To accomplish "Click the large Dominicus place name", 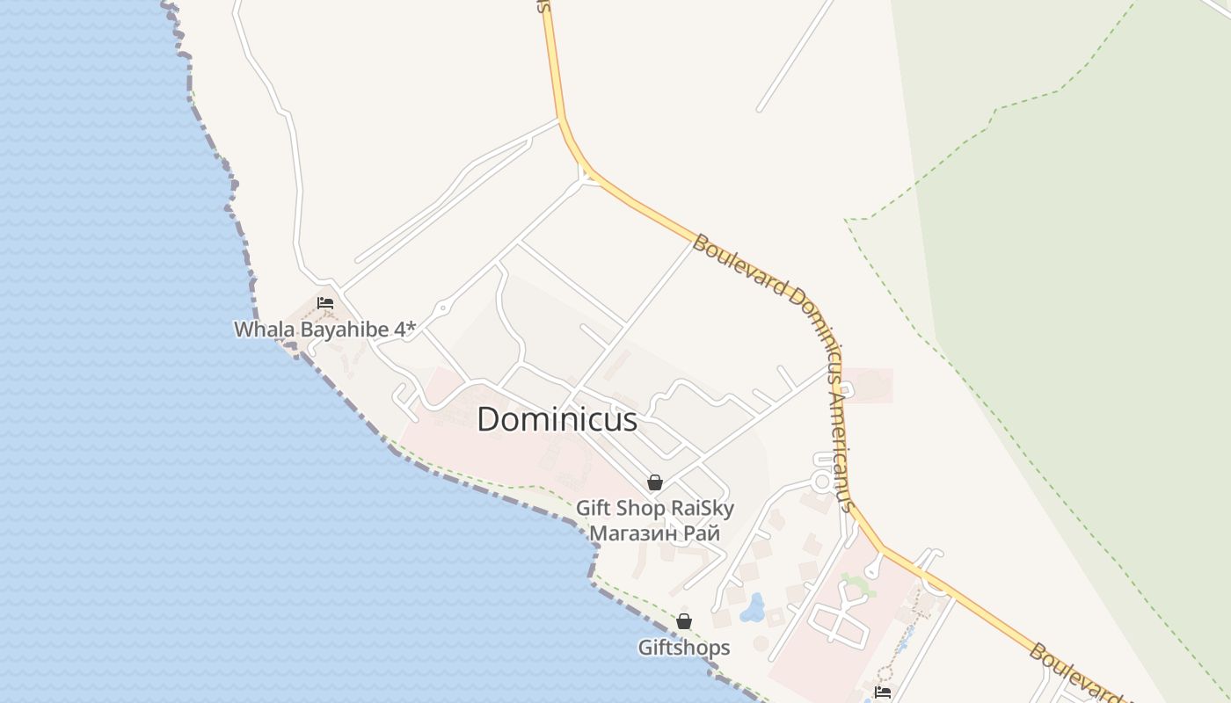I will point(557,420).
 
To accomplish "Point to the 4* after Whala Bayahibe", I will point(405,329).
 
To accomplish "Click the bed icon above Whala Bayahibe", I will point(325,303).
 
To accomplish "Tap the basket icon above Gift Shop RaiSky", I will point(654,482).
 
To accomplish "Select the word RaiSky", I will point(703,508).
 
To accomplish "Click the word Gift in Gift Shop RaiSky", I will point(594,508).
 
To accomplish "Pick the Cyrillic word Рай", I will point(703,533).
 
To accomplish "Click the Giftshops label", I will point(684,648).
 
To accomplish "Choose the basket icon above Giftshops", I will point(684,622).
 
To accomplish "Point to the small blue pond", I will point(752,608).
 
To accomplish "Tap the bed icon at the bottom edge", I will point(883,692).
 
